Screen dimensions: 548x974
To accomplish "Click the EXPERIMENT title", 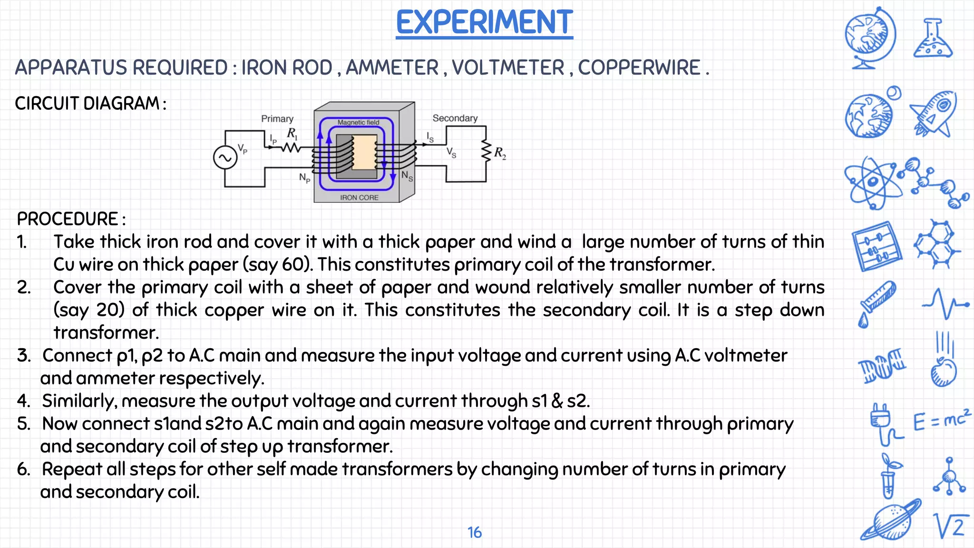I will (x=484, y=22).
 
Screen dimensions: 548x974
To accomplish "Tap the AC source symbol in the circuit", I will (x=225, y=158).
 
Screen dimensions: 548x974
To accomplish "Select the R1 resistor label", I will (x=292, y=134).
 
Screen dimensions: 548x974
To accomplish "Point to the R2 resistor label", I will (x=500, y=153).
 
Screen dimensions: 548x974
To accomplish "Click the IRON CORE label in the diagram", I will (x=359, y=197).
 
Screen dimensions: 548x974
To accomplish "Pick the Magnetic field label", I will (x=359, y=122).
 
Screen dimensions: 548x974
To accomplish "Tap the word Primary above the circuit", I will (x=277, y=118).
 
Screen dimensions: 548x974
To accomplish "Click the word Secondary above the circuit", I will (x=455, y=118).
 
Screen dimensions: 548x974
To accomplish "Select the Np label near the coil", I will (x=304, y=178).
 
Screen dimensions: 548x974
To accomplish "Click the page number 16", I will (x=474, y=532).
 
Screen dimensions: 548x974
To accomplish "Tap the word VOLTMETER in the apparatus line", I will (x=508, y=68).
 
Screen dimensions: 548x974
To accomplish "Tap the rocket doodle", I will (x=933, y=113).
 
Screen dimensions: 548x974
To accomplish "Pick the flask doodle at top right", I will (x=932, y=39).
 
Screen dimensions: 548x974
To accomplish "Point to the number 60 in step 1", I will (x=293, y=264).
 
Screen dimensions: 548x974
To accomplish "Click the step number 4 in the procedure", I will (x=23, y=401).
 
